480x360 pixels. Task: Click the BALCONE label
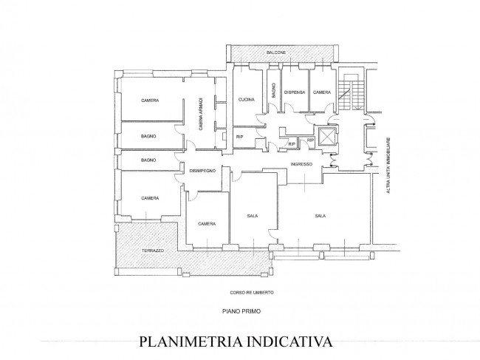point(276,52)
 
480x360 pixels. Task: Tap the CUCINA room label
point(247,100)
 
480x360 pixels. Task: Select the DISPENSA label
point(295,92)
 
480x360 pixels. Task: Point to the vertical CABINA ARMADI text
point(201,114)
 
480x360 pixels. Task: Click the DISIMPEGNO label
point(202,171)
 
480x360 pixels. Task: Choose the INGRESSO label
point(301,164)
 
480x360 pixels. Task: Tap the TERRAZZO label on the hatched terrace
point(153,251)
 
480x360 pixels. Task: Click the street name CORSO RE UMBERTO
point(252,293)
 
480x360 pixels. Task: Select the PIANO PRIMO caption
point(241,311)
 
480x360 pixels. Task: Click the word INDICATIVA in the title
point(290,342)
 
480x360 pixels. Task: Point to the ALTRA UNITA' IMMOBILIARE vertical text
point(388,165)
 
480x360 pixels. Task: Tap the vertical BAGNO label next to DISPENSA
point(274,90)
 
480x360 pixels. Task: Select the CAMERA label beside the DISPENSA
point(322,92)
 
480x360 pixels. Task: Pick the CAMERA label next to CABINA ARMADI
point(150,101)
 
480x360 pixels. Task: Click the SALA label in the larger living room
point(320,216)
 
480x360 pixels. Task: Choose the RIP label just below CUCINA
point(240,137)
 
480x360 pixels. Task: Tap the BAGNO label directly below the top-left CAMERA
point(148,136)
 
